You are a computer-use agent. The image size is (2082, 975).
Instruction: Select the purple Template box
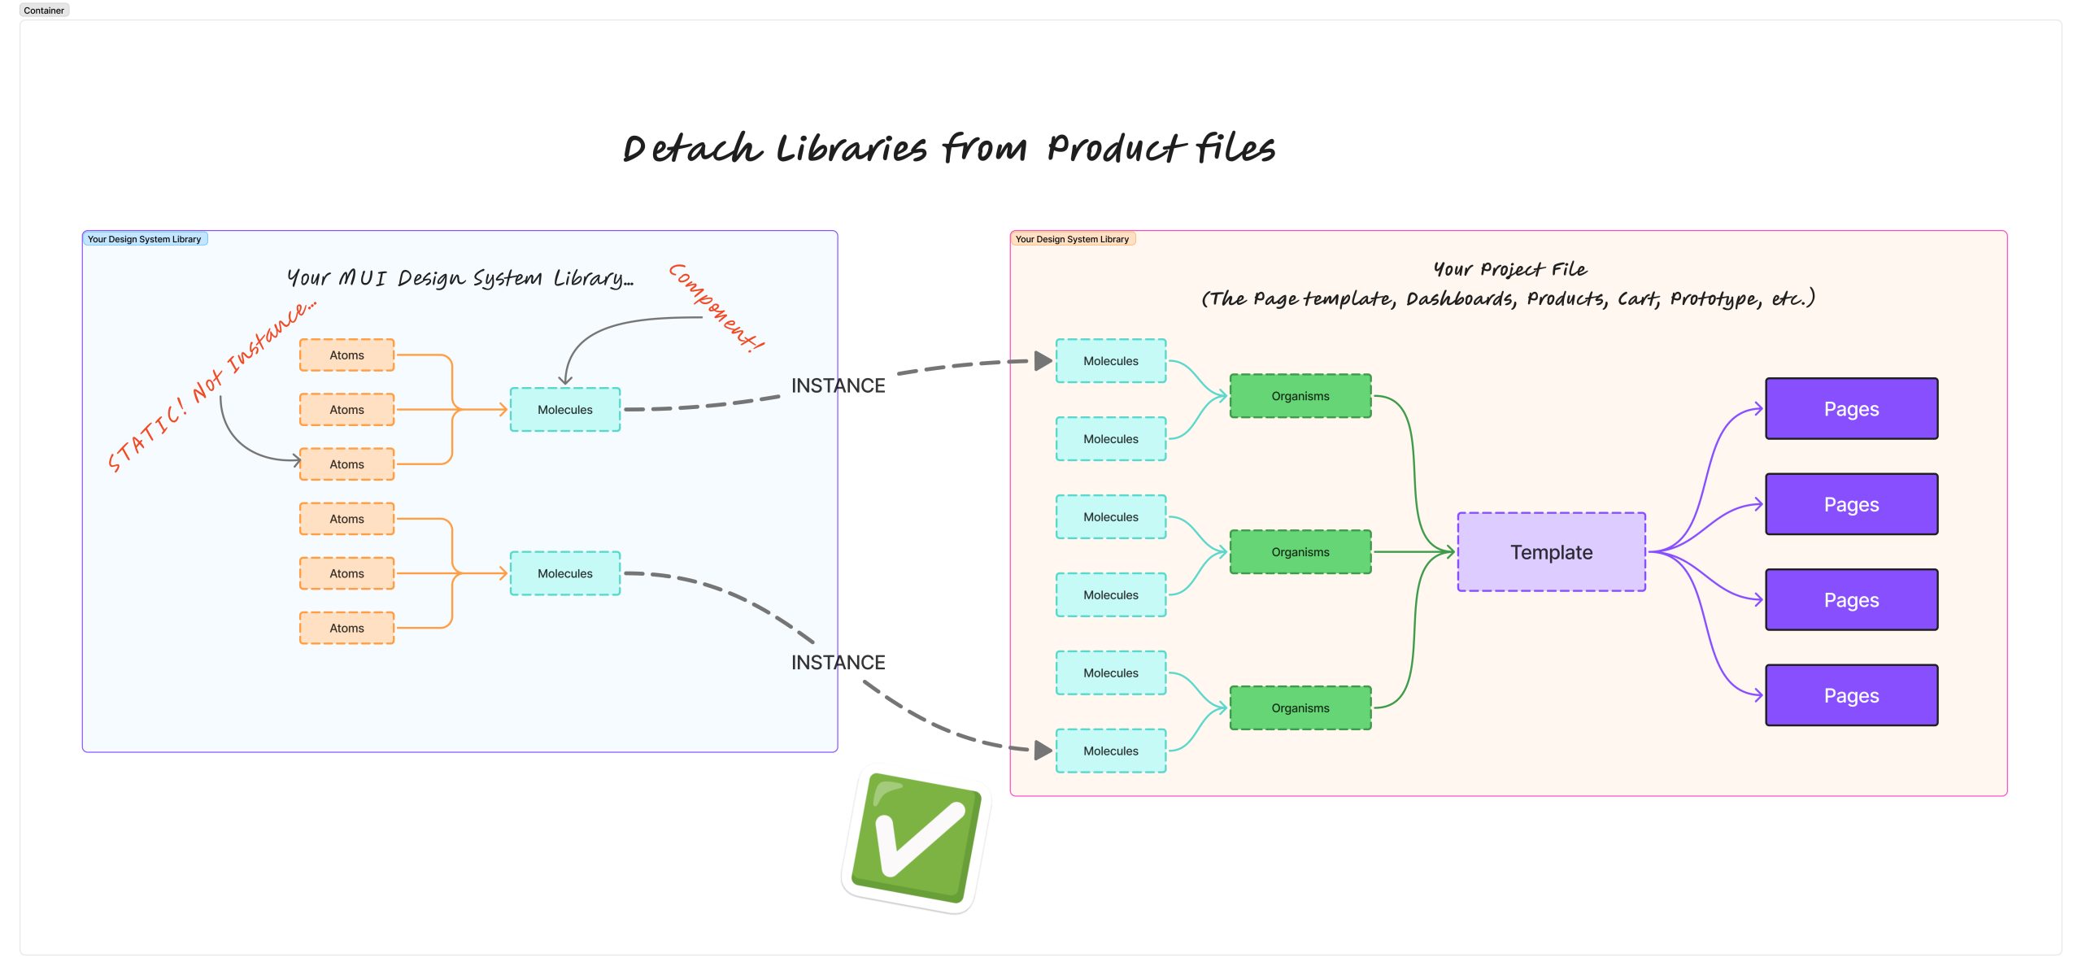[1551, 552]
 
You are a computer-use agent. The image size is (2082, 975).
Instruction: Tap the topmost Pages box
[1851, 409]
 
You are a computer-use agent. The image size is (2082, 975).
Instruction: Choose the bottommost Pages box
[1851, 695]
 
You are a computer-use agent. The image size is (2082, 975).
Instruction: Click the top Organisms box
[1300, 396]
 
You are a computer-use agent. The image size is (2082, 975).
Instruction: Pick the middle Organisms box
[1300, 552]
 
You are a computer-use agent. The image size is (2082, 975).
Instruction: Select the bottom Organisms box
[1300, 708]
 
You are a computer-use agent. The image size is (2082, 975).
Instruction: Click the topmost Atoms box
[346, 355]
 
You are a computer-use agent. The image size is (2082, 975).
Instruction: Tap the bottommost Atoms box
[346, 628]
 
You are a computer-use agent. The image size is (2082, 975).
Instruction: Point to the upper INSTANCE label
[838, 385]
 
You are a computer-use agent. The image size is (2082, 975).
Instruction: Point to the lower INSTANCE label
[838, 663]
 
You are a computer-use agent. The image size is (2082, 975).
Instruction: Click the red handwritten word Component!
[717, 307]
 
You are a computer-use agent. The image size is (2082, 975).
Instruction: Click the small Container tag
[44, 11]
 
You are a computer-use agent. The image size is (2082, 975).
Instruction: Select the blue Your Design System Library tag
[145, 239]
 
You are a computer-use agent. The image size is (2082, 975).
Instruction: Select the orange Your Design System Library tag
[1072, 239]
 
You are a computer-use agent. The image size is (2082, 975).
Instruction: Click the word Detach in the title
[692, 149]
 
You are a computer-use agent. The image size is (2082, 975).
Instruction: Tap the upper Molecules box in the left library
[564, 410]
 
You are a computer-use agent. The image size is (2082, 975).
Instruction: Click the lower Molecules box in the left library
[564, 573]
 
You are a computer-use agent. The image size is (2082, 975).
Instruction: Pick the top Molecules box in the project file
[1110, 361]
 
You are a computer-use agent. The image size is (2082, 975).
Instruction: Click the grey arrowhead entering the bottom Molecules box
[1043, 751]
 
